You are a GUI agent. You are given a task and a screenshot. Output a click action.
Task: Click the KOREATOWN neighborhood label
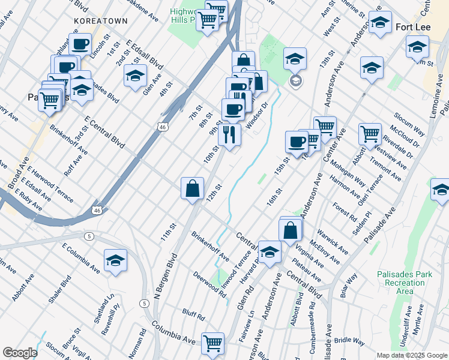coord(101,20)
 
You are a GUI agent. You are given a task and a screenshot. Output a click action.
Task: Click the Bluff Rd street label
coord(194,313)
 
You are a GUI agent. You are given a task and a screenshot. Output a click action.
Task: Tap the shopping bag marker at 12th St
coord(192,188)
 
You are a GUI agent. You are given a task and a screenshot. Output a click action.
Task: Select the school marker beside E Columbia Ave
coord(115,260)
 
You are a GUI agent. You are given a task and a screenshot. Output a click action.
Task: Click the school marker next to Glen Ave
coord(135,75)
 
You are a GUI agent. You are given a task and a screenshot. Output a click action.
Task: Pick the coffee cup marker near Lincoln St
coord(80,44)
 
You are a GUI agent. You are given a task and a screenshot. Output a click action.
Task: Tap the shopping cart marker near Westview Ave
coord(370,134)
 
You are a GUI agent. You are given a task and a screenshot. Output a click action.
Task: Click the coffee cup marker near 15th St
coord(296,142)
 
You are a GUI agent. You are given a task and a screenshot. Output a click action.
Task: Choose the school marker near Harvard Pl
coord(270,252)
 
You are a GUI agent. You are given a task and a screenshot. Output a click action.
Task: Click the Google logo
coord(20,353)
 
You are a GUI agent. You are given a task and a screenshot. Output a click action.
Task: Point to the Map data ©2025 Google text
coord(411,355)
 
